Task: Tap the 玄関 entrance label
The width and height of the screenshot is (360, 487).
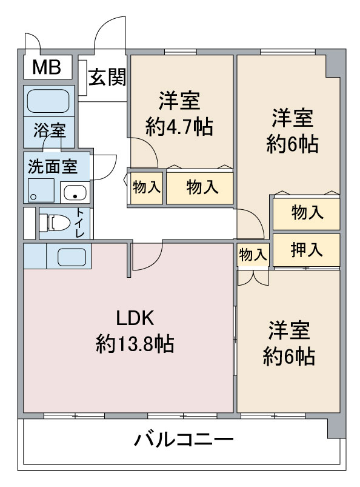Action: (x=107, y=78)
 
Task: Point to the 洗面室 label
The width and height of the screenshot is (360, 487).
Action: (x=53, y=167)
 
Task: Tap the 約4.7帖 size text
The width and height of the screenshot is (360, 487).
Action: (x=179, y=127)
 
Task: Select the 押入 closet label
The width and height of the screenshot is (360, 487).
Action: (x=307, y=249)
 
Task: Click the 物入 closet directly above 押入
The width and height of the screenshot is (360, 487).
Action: (x=307, y=213)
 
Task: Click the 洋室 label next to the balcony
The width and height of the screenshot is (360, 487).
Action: (x=289, y=331)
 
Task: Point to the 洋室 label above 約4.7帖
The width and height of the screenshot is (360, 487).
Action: (x=179, y=99)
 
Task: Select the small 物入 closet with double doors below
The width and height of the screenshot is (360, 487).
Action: (x=252, y=255)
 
